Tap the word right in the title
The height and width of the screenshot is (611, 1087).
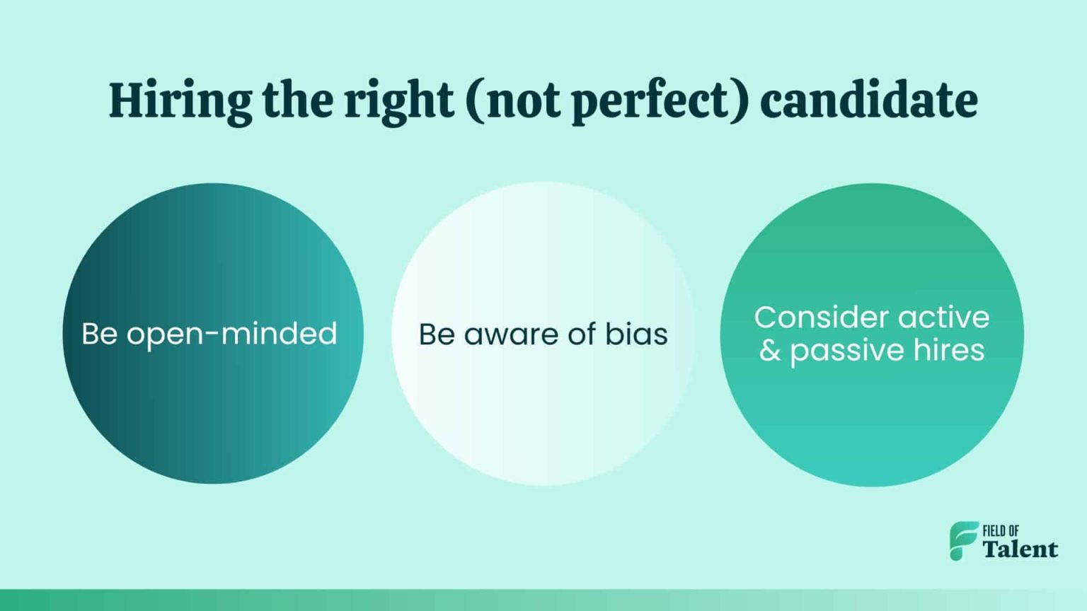[398, 100]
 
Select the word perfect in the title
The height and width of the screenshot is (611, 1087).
[650, 100]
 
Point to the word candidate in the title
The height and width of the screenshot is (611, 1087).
[869, 100]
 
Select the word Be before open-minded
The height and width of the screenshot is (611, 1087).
[99, 334]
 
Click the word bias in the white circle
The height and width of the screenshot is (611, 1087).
[636, 334]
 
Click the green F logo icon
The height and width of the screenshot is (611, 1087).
[963, 541]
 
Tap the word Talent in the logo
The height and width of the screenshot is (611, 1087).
[1020, 549]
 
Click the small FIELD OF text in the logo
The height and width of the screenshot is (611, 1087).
[1001, 531]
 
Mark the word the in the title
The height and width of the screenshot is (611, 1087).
[297, 100]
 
